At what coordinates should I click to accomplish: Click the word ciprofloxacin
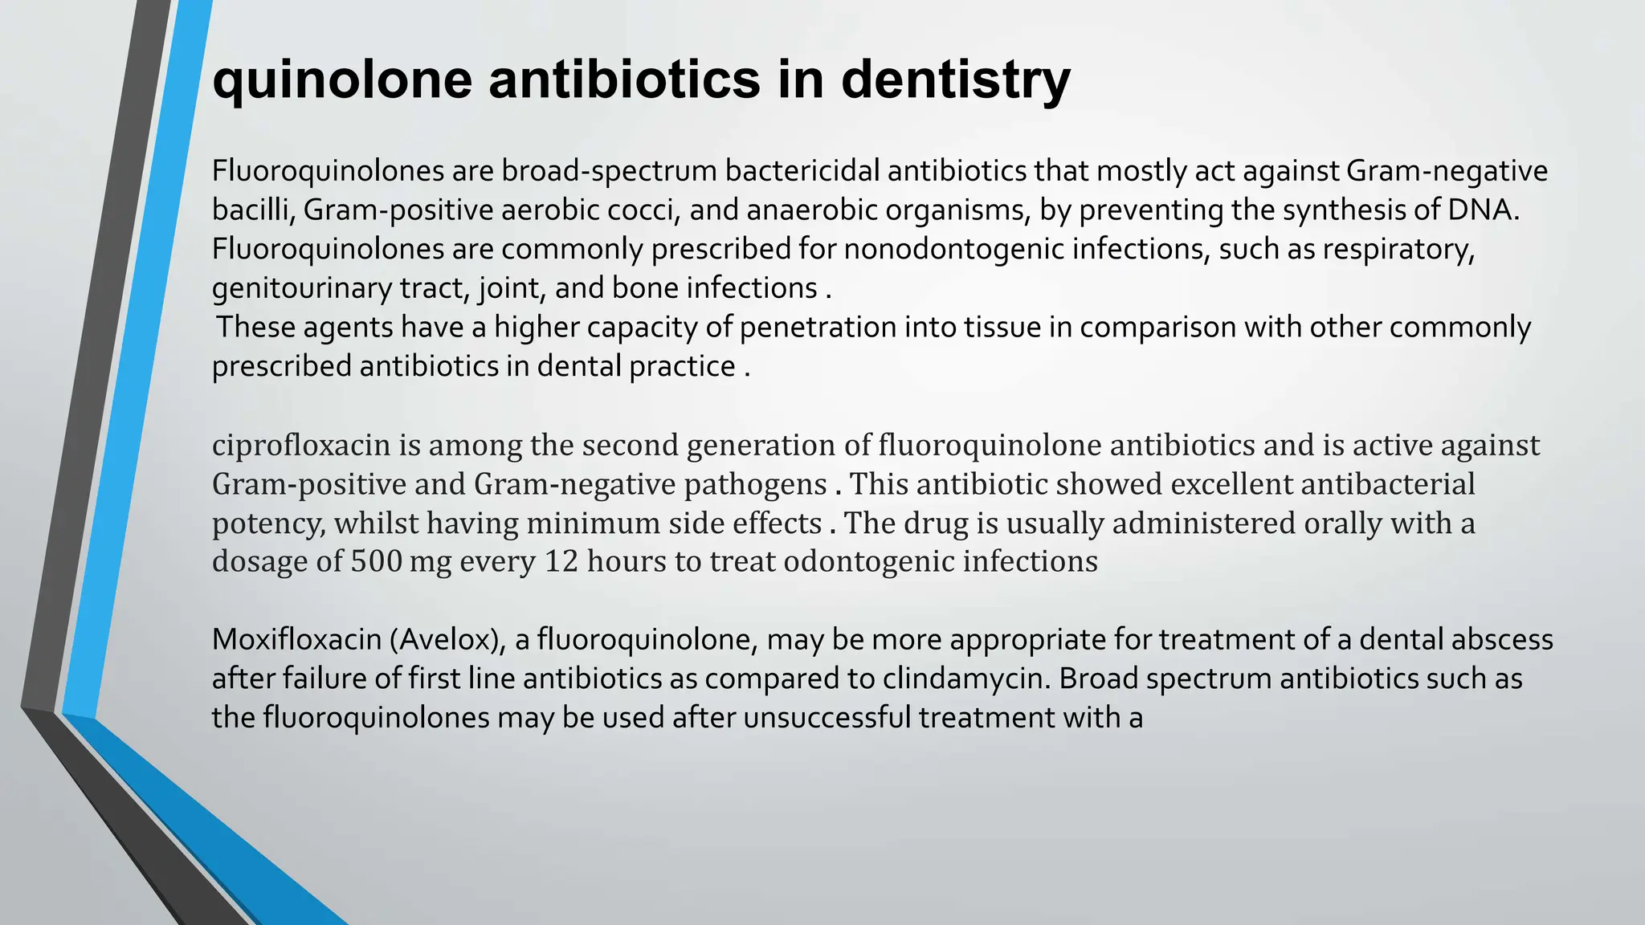pyautogui.click(x=300, y=445)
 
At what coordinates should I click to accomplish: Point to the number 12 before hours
pyautogui.click(x=561, y=561)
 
